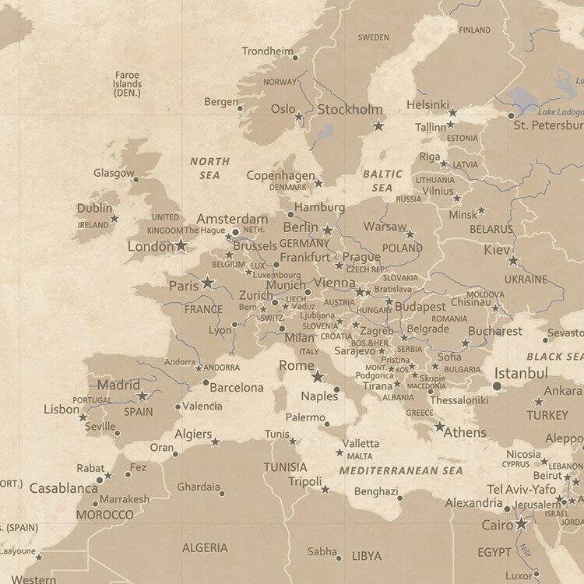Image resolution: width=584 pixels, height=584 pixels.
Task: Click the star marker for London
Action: point(181,245)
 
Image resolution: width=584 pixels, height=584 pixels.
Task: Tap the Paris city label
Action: point(184,286)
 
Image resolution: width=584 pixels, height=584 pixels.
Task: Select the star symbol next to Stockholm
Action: point(378,125)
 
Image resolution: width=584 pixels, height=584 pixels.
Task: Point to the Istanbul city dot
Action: point(497,385)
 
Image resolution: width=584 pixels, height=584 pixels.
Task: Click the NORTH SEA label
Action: point(210,168)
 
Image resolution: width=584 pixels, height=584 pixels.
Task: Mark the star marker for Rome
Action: point(317,377)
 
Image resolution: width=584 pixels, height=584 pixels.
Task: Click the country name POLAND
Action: point(402,248)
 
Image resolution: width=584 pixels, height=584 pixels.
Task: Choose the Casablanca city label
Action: point(63,488)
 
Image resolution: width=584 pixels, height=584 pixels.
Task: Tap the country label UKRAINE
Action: point(526,279)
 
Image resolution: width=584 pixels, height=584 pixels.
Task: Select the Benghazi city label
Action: point(375,491)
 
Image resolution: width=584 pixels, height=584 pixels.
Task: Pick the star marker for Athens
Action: point(440,427)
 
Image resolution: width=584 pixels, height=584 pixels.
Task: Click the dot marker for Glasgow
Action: point(135,180)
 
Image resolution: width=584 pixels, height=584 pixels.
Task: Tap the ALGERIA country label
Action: point(205,548)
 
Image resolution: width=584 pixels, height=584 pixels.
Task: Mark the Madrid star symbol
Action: point(142,396)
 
